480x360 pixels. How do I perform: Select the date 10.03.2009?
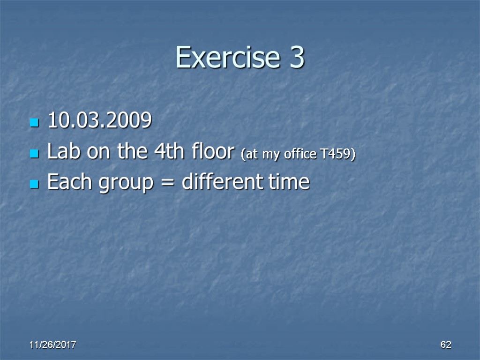(x=99, y=121)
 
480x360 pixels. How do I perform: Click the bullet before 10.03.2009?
(x=33, y=123)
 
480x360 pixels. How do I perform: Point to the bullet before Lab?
(x=33, y=154)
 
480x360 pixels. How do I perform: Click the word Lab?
(x=62, y=152)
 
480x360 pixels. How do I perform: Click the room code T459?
(x=336, y=155)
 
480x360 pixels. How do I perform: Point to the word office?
(x=299, y=155)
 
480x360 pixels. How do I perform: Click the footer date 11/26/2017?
(x=53, y=345)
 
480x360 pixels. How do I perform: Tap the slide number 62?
(x=445, y=345)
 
